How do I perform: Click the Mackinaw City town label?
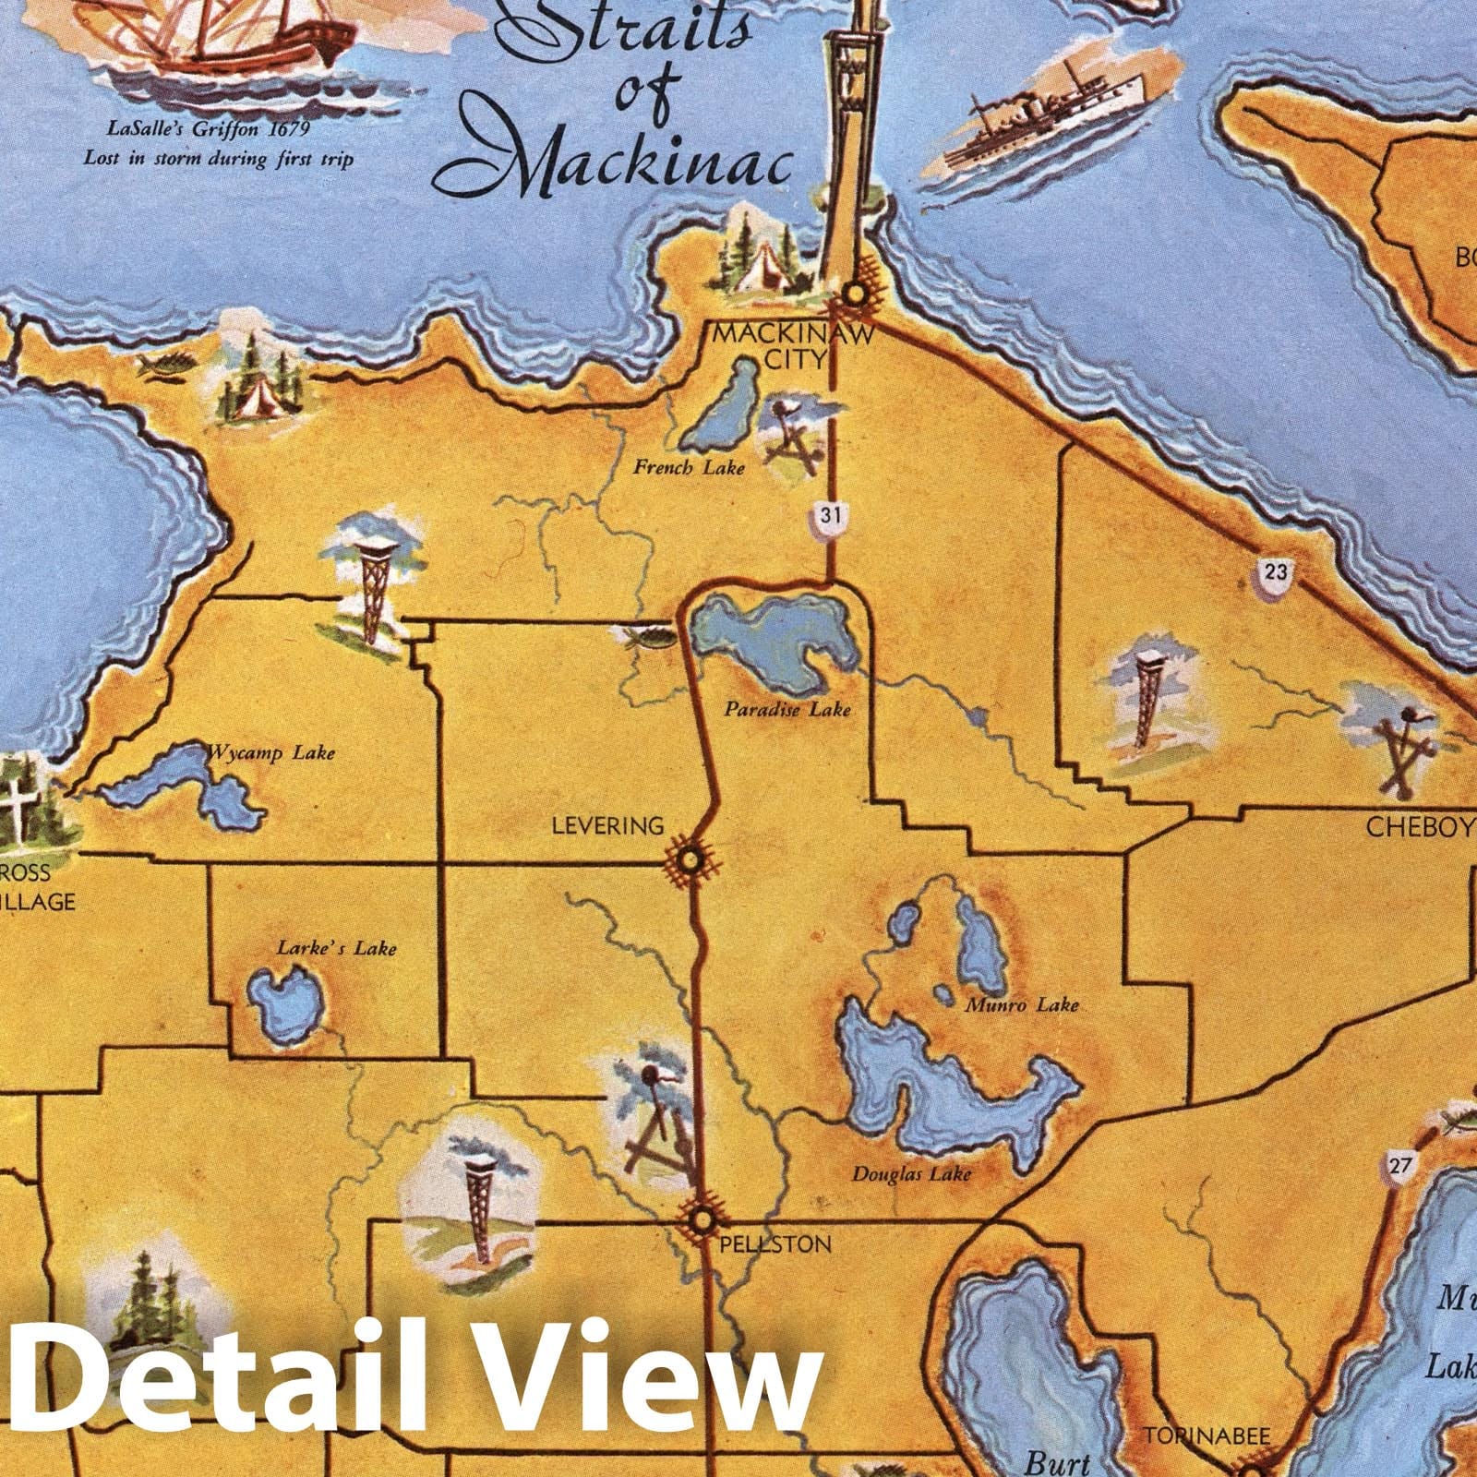793,345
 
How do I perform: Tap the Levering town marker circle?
689,861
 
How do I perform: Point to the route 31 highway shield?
830,516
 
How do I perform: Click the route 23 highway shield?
1275,573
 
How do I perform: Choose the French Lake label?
688,468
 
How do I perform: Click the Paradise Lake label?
787,710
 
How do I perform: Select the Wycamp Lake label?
270,753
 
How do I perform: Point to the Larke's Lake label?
336,947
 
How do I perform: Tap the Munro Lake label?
1021,1004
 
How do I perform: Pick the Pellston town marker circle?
702,1221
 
